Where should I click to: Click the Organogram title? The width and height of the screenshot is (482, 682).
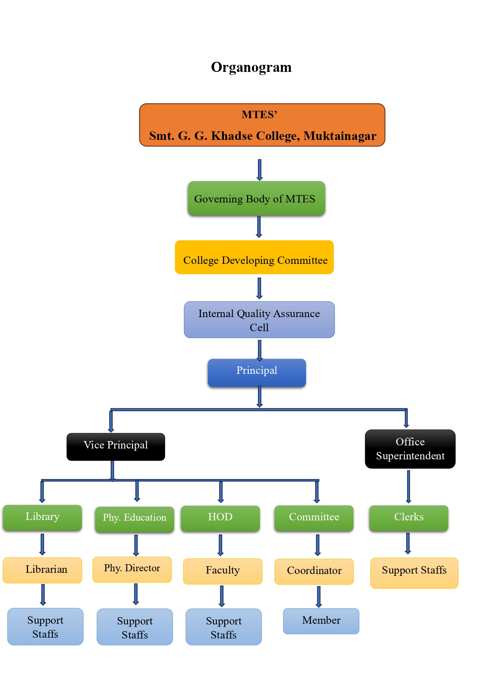(x=251, y=67)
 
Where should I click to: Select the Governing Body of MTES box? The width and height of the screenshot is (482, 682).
(x=256, y=198)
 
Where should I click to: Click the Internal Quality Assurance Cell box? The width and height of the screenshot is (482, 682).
(x=259, y=320)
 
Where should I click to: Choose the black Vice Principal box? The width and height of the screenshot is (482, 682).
(x=116, y=447)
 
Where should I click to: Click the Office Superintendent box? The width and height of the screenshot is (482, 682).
(x=410, y=449)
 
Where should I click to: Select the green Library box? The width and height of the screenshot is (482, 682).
(x=42, y=518)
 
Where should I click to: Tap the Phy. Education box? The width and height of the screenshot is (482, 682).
(x=134, y=519)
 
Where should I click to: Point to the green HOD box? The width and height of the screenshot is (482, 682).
(x=220, y=518)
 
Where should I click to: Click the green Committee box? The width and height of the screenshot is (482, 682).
(x=314, y=518)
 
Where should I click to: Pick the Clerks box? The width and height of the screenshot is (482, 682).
(x=409, y=518)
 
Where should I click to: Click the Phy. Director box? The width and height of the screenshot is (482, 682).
(x=132, y=569)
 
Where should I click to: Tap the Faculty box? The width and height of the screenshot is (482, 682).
(x=223, y=571)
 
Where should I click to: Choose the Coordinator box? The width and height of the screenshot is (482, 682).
(x=314, y=571)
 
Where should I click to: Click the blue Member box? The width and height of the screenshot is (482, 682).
(x=321, y=621)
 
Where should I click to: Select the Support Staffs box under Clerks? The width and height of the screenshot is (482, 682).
(x=414, y=573)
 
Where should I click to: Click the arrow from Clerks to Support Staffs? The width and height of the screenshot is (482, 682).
(x=408, y=544)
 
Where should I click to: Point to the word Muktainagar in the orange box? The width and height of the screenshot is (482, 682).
(x=340, y=136)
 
